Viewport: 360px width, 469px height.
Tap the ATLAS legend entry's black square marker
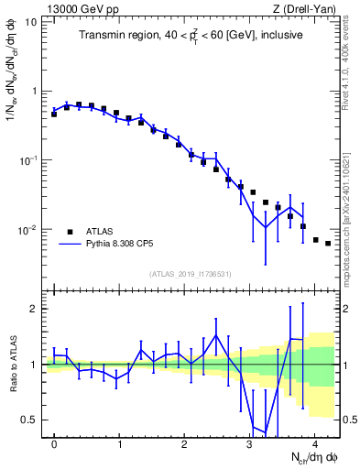pos(70,232)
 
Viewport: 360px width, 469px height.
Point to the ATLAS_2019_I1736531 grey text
pos(190,274)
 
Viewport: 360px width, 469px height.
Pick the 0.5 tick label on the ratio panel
pos(30,420)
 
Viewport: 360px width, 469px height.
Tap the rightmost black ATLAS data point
pos(328,244)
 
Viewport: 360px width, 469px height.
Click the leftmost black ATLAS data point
pos(54,115)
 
